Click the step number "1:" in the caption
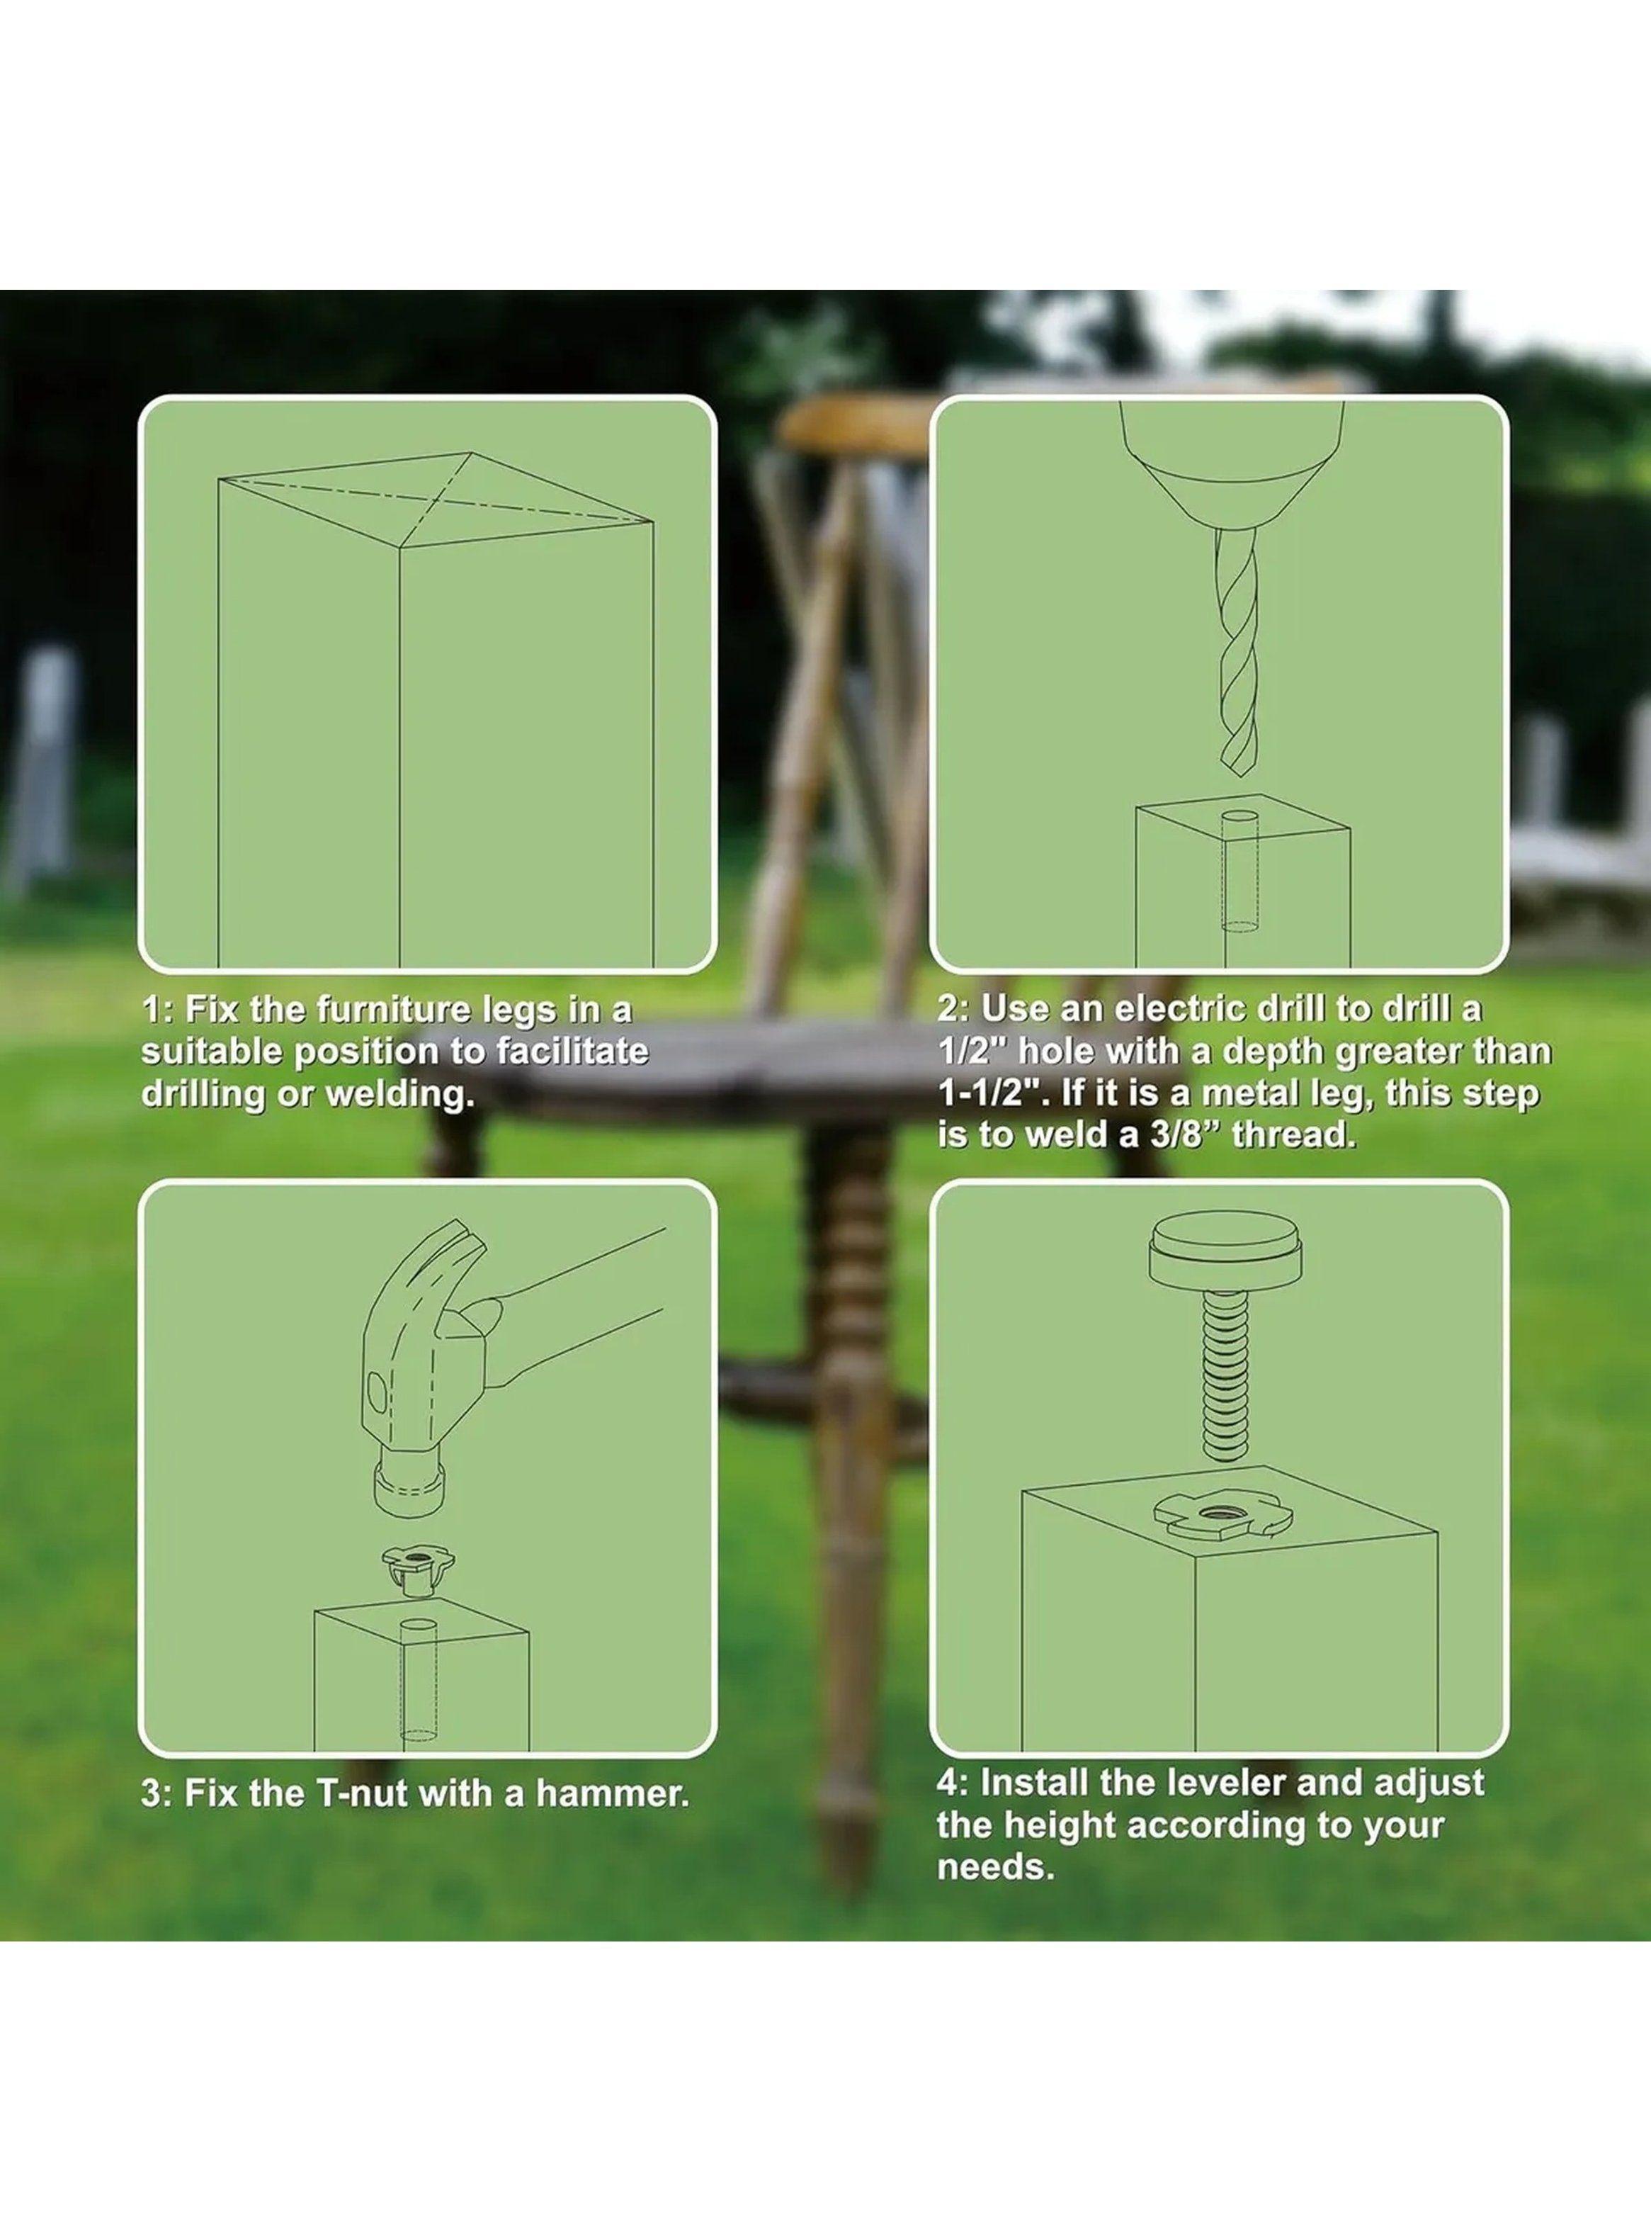pyautogui.click(x=159, y=1010)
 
